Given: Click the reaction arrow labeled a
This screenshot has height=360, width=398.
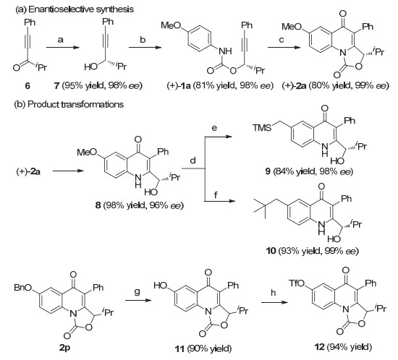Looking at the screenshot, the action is coord(63,48).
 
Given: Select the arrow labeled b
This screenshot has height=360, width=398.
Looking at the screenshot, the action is coord(145,48).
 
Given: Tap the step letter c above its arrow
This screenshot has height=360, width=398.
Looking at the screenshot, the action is coord(281,40).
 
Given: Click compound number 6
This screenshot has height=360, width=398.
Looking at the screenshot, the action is coord(27,86).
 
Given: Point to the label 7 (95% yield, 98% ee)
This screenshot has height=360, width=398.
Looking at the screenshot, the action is coord(98,86).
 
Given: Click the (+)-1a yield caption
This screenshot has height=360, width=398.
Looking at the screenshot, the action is coord(220,86).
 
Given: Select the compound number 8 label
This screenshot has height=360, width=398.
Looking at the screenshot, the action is coord(98,205).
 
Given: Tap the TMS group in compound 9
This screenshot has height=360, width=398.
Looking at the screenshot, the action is coord(261,127).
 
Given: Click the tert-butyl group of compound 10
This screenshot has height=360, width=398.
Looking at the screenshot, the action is coord(264,209).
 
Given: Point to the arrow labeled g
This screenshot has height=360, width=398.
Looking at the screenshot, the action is coord(138,301).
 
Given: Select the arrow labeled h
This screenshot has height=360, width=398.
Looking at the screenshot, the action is coord(275,302).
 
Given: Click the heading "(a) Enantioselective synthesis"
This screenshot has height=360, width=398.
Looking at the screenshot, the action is coord(75,9).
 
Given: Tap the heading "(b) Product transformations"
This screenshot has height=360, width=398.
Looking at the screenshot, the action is coord(69,104).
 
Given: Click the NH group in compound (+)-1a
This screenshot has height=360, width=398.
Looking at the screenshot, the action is coord(225,51).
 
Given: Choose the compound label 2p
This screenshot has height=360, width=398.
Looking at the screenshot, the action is coord(65,348).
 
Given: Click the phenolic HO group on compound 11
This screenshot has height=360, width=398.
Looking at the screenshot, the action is coord(160,286).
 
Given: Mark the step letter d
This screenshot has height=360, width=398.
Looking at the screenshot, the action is coord(193,160).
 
